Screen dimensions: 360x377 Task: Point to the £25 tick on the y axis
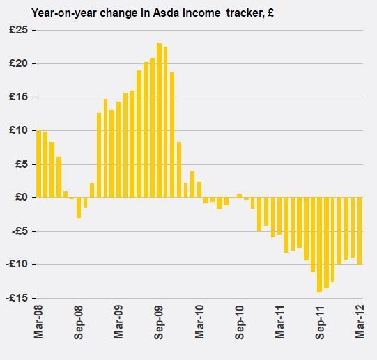click(x=19, y=30)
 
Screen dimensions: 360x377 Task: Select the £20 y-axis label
click(x=19, y=63)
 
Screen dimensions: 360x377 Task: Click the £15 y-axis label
click(x=19, y=97)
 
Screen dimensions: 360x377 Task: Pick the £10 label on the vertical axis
click(x=19, y=130)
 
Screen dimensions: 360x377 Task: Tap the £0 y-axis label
click(x=21, y=197)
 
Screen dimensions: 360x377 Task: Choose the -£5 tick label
click(x=19, y=230)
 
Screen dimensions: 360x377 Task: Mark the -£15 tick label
click(x=17, y=297)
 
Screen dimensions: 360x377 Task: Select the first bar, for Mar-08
click(x=39, y=164)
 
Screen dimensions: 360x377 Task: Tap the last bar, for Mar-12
click(x=360, y=230)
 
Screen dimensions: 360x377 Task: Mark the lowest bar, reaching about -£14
click(x=320, y=244)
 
